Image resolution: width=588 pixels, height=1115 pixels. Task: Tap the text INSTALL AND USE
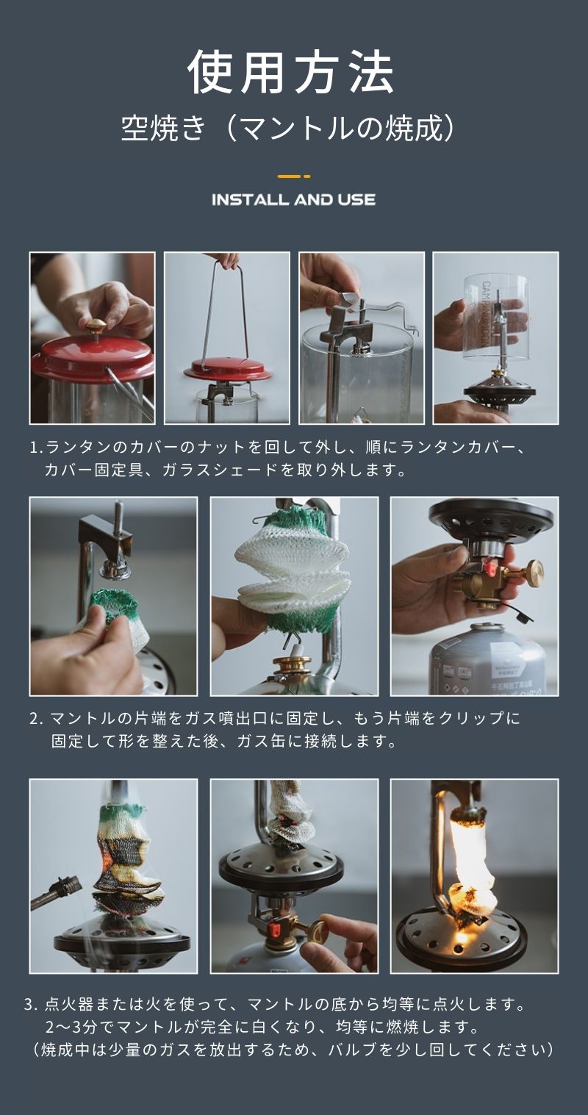coord(294,200)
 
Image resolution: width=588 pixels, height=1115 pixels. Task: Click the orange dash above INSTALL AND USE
coord(294,176)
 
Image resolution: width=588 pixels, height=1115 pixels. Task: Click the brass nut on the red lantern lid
coord(95,326)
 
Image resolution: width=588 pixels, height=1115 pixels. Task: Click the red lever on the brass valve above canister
coord(490,567)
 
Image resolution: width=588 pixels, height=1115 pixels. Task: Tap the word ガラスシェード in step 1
coord(220,470)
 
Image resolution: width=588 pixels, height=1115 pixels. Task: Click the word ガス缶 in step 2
coord(261,741)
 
